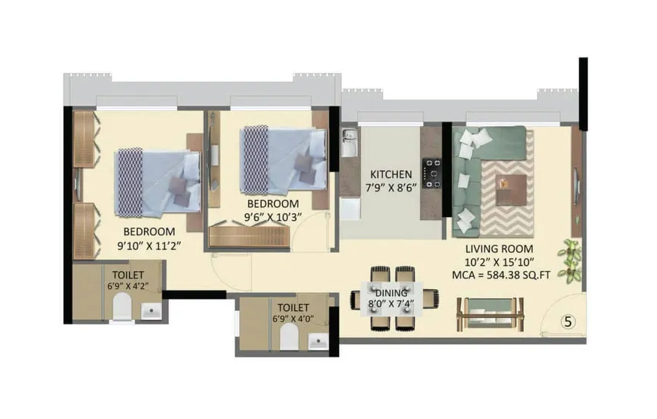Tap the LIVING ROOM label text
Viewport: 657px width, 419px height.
click(499, 249)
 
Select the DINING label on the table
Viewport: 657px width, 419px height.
click(392, 293)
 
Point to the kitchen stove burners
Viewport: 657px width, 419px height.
click(433, 172)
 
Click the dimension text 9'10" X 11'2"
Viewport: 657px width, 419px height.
click(148, 244)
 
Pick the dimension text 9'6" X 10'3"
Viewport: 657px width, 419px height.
click(273, 217)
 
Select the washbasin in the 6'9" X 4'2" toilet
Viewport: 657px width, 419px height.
click(151, 310)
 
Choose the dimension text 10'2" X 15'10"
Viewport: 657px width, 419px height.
click(499, 262)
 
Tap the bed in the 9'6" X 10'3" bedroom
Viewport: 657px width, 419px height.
click(283, 160)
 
